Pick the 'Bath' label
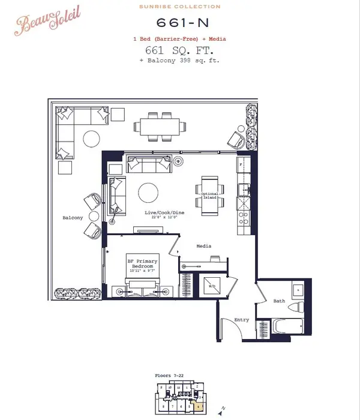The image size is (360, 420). pos(280,300)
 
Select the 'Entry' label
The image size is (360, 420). pos(241,320)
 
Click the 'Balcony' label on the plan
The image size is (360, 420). pos(73,217)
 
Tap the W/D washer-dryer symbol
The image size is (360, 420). pos(212,286)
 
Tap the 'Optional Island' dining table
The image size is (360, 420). pos(208,196)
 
